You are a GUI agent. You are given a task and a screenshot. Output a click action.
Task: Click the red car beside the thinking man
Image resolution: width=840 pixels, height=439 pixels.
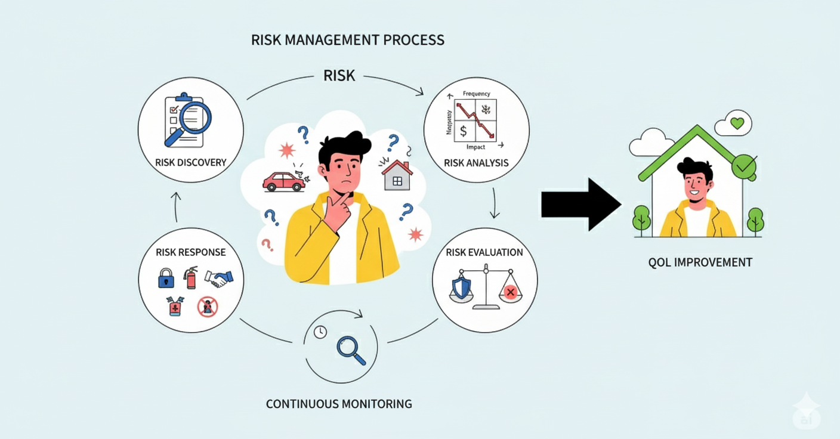284,181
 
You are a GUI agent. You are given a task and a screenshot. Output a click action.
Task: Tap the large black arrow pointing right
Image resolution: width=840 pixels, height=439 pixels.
580,205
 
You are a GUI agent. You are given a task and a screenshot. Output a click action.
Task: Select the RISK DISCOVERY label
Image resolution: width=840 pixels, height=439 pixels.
190,162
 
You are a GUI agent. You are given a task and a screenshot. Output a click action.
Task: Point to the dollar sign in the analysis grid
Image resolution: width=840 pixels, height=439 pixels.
464,130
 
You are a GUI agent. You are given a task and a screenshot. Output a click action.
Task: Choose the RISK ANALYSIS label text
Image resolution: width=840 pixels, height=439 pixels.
476,162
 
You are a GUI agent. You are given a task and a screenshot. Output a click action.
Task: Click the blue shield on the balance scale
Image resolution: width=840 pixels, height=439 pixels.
462,287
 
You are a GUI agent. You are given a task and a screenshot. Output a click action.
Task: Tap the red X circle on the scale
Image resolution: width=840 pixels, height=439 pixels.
509,292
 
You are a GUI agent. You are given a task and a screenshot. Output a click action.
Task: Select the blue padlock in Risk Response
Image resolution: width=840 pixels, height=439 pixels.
165,279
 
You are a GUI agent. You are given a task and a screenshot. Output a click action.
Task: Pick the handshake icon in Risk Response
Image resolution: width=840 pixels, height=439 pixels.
219,279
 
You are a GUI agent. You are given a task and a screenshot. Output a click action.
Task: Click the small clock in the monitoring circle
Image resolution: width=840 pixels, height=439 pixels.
320,332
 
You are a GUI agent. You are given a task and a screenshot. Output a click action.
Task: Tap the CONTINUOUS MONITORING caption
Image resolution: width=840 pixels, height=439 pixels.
339,404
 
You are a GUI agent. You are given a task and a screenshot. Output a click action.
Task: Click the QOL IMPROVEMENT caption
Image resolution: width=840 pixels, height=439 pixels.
700,262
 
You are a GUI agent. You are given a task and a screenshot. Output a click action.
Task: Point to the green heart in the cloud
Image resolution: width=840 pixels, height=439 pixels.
737,123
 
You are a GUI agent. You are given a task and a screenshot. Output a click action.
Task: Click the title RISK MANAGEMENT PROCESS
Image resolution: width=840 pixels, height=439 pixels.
348,41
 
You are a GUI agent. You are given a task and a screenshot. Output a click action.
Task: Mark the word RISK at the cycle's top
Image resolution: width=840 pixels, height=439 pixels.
339,76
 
